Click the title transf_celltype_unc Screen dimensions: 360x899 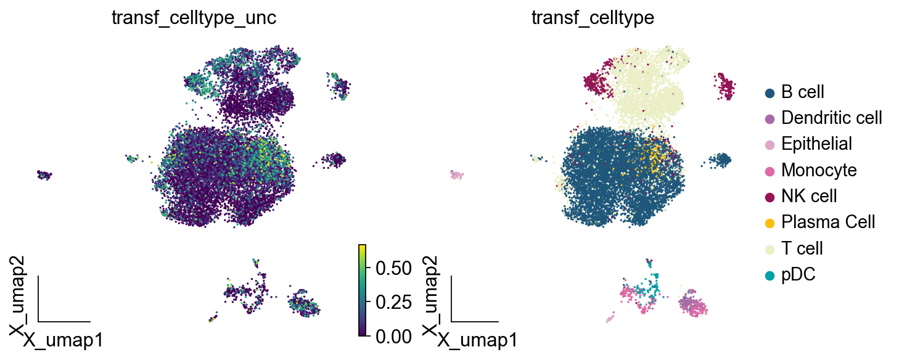[x=193, y=18]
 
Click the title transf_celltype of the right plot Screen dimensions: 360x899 [x=593, y=18]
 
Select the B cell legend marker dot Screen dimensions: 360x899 [x=769, y=92]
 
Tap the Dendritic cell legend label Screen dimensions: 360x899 [x=831, y=117]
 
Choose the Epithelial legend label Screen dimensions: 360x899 [x=816, y=144]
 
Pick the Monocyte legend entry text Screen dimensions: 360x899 [x=819, y=170]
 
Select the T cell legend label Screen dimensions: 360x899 [x=802, y=248]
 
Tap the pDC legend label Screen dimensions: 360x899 [x=798, y=274]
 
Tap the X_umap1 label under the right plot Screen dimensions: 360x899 [x=477, y=340]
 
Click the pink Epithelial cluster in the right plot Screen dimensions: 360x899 [x=456, y=176]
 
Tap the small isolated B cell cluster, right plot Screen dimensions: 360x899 [x=719, y=160]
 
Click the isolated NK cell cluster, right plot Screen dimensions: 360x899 [x=726, y=88]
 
